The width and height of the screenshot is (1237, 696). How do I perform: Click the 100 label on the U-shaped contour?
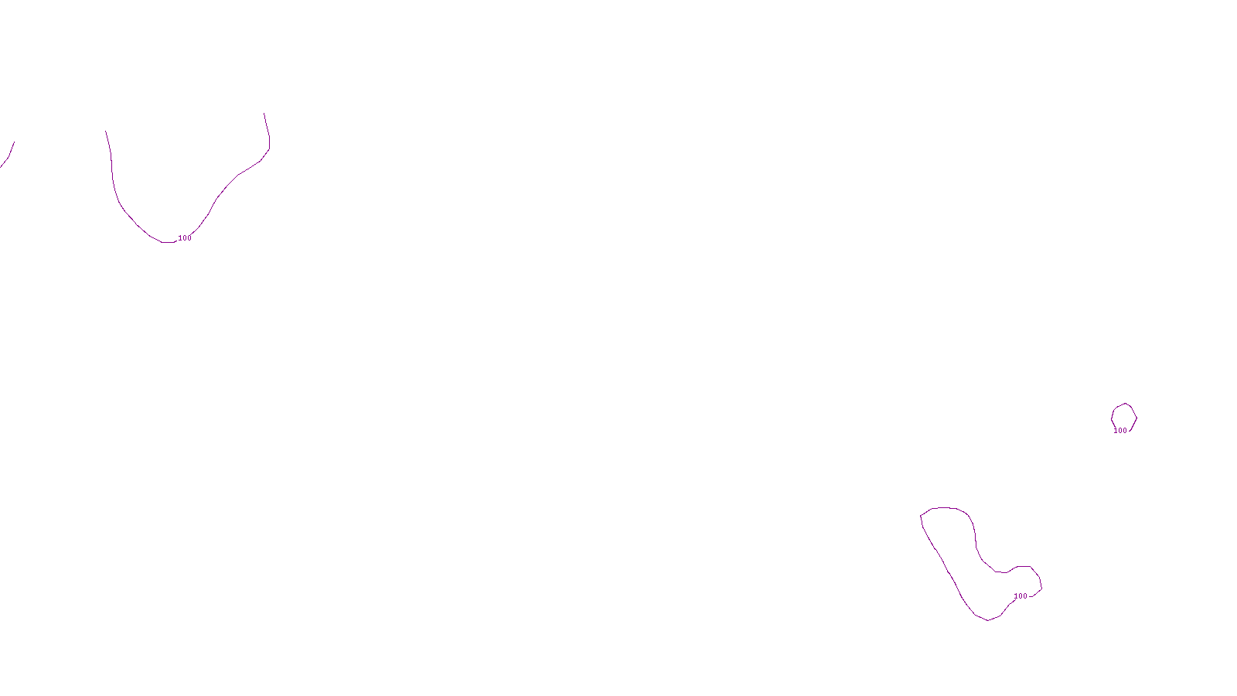[x=185, y=238]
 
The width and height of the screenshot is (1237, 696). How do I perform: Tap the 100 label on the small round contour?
[x=1120, y=431]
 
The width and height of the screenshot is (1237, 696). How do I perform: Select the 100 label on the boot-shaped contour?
[x=1021, y=596]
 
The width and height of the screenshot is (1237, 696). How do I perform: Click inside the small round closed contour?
[x=1124, y=417]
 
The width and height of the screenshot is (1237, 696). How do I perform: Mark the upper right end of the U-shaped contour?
[x=264, y=114]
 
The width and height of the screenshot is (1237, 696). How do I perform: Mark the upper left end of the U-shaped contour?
[x=106, y=131]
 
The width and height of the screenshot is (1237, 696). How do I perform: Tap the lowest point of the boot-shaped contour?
[x=988, y=620]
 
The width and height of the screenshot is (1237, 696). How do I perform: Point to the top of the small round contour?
[x=1125, y=403]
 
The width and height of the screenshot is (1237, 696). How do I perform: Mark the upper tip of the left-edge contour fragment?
[x=14, y=142]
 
